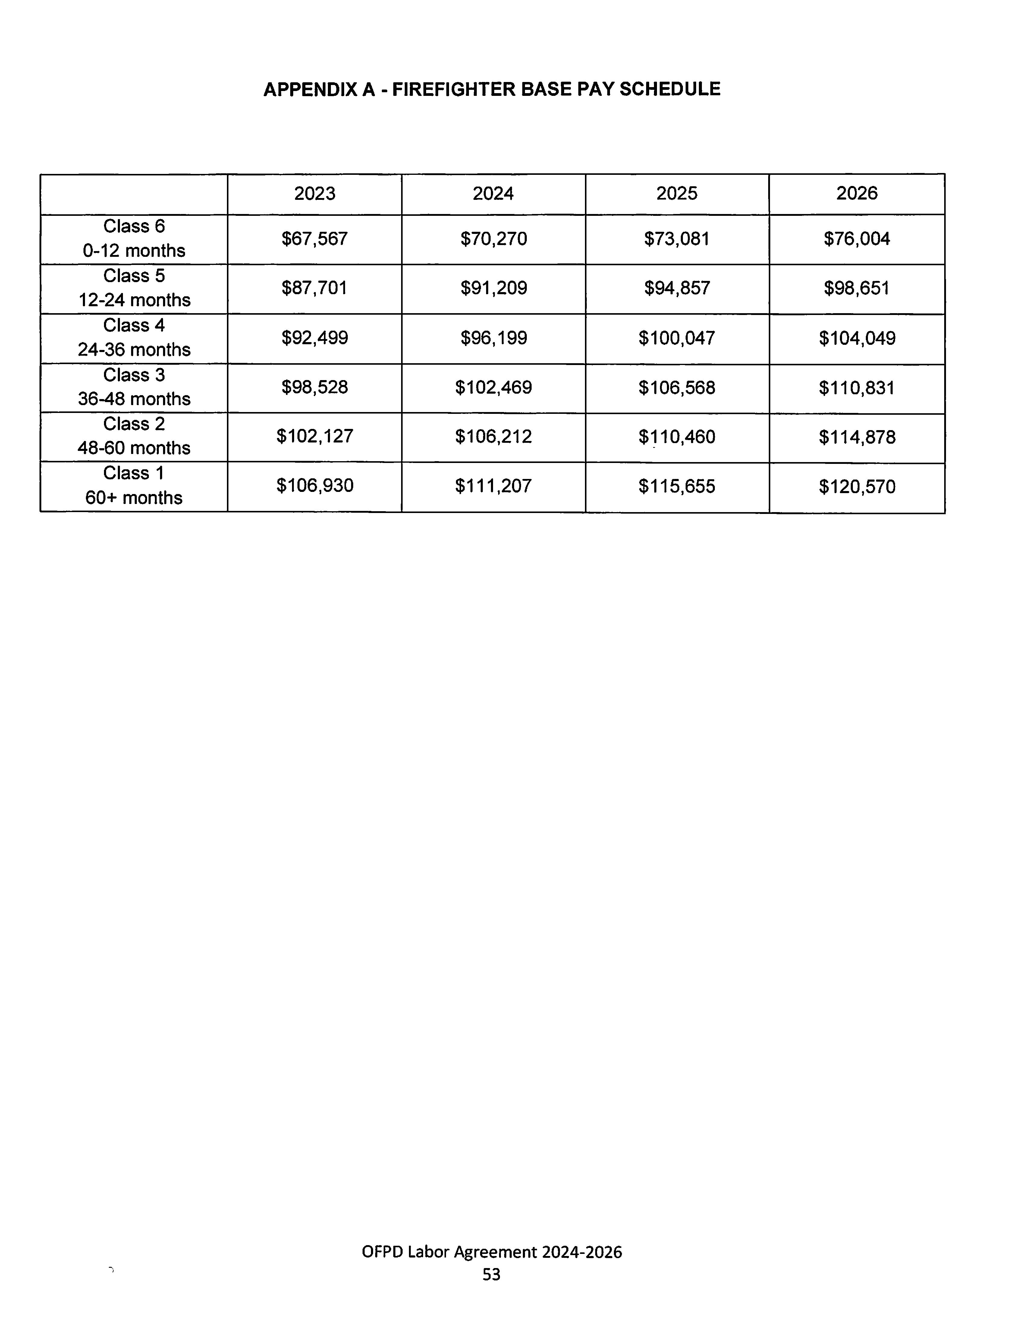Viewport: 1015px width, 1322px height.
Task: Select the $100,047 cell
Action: coord(677,338)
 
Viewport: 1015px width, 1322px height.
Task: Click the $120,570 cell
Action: coord(857,486)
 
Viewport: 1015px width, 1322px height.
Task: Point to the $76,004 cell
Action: coord(857,239)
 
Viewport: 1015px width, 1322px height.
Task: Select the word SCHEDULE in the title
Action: coord(670,90)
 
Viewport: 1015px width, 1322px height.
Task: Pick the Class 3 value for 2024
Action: coord(494,387)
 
